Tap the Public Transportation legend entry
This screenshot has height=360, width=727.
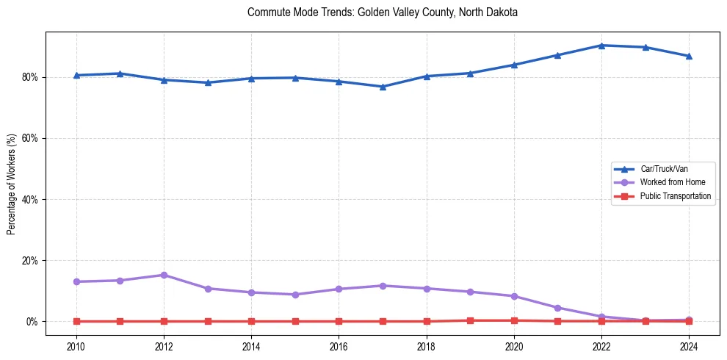[x=675, y=196]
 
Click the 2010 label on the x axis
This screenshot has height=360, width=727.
[x=76, y=345]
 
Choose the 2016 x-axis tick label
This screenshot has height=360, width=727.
[x=339, y=345]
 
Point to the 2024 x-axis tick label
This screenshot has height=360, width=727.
[x=689, y=345]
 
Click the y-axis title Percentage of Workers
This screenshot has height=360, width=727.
[x=12, y=184]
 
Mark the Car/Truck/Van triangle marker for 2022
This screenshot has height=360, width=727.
[x=601, y=46]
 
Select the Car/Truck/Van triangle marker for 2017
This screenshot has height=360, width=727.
[x=383, y=87]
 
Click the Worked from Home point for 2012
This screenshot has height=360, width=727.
[x=164, y=275]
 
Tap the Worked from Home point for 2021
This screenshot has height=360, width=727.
[x=557, y=308]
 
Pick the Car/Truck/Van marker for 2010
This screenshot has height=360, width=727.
[x=76, y=75]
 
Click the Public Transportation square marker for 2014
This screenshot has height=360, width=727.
[x=251, y=321]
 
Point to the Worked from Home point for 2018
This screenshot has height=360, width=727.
[x=426, y=288]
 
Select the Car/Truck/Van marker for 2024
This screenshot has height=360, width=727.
[x=689, y=56]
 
